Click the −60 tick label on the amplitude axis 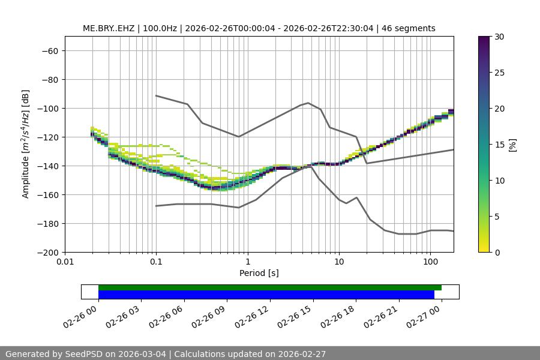click(49, 51)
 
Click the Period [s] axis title click(259, 274)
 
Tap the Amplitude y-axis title click(26, 144)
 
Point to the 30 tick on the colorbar click(499, 37)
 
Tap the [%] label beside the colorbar click(512, 145)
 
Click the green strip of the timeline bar click(270, 287)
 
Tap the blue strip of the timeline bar click(266, 295)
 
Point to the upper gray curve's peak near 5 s click(308, 103)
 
